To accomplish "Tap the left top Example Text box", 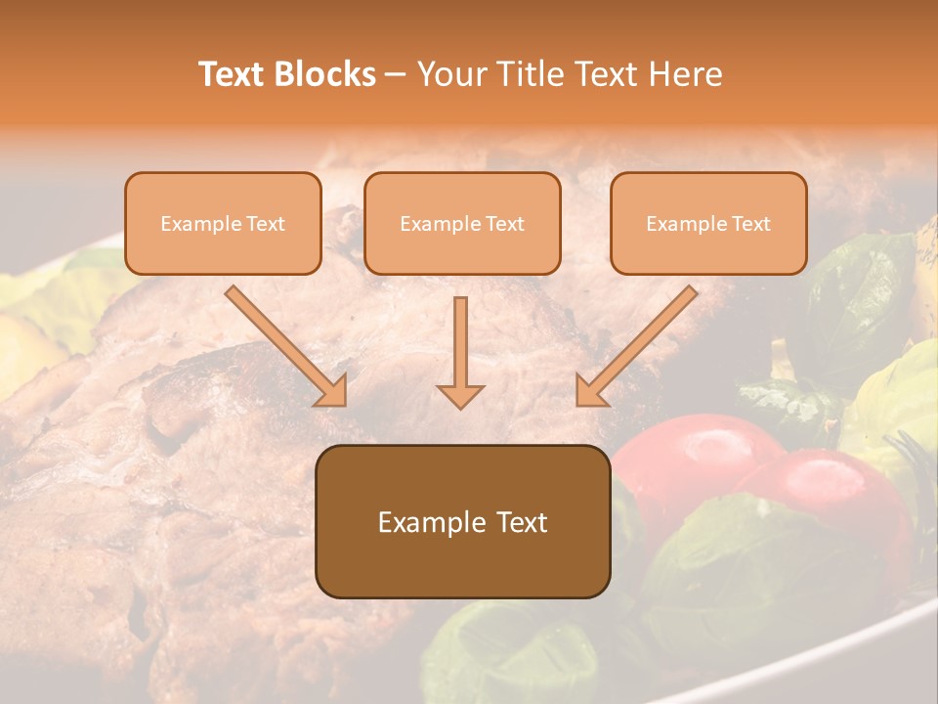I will (223, 223).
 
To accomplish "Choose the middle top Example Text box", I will (462, 223).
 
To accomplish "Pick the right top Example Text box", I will (708, 223).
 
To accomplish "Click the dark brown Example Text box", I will (462, 521).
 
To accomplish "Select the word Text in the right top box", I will (750, 224).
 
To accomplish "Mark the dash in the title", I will (396, 74).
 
